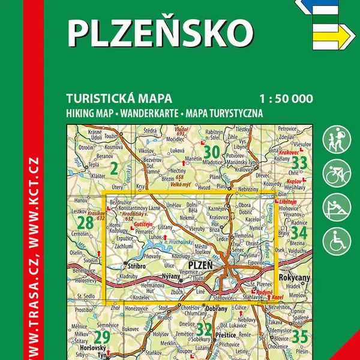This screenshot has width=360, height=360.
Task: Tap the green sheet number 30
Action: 211,151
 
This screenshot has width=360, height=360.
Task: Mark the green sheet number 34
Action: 299,231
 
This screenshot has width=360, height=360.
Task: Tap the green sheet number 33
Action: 299,162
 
